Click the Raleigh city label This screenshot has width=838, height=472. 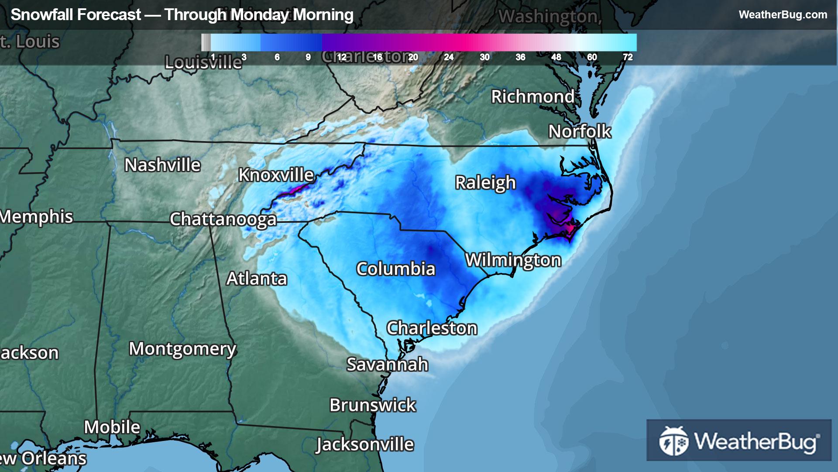(485, 183)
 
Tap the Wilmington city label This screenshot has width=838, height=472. (513, 260)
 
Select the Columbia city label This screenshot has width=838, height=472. (395, 269)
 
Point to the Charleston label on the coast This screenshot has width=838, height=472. (432, 328)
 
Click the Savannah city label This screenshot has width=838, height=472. (387, 364)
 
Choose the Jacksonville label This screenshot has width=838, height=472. (365, 444)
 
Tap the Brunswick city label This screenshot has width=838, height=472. (372, 405)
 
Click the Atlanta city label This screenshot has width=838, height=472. (257, 278)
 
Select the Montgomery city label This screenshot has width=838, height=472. (182, 349)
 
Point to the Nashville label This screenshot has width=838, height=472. (162, 165)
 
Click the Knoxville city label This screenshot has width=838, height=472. (276, 175)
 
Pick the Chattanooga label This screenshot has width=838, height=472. (223, 219)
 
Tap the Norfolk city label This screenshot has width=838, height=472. (580, 131)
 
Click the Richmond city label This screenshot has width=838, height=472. (532, 97)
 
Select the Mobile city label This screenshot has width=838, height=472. (112, 427)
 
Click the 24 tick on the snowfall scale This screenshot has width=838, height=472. (449, 57)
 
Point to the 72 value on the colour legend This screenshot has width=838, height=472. (628, 57)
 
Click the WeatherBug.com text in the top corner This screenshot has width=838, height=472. (783, 14)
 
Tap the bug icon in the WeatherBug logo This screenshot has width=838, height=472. (673, 441)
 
